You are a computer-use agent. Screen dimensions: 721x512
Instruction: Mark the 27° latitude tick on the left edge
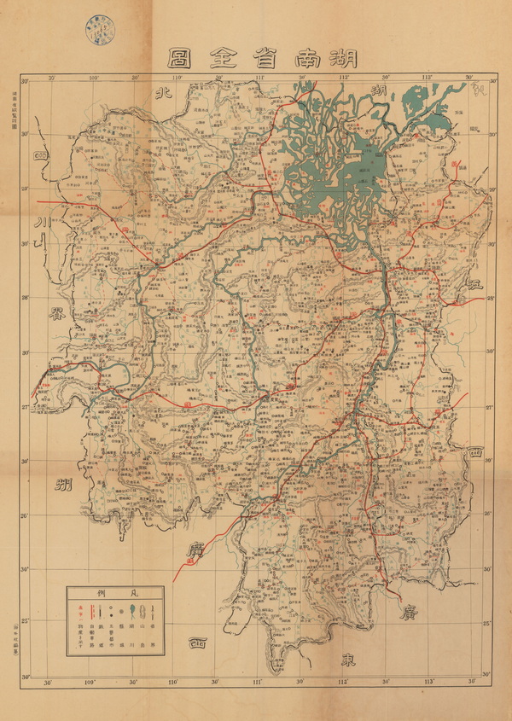(x=26, y=408)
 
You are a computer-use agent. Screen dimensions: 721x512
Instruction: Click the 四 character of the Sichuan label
(x=39, y=157)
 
